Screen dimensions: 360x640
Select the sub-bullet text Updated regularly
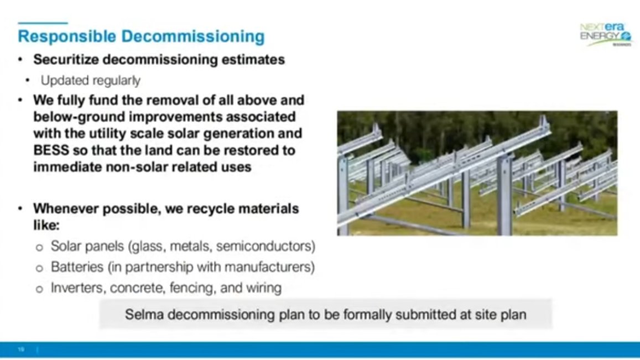pos(90,81)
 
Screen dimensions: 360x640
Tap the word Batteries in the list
pos(77,267)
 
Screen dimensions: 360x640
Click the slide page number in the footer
pos(21,349)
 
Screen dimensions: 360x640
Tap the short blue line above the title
pos(43,23)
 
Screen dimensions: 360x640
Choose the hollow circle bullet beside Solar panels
pos(39,247)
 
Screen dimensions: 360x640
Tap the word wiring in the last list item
pos(264,288)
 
